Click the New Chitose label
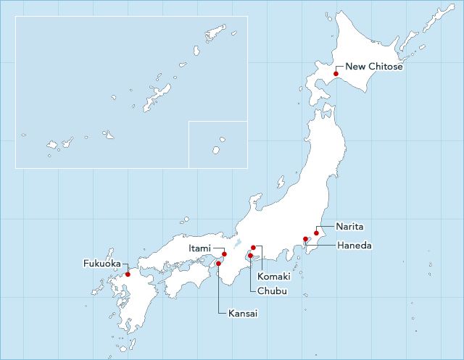[x=373, y=67]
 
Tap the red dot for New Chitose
[x=336, y=74]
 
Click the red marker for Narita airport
[x=316, y=233]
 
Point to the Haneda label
[x=355, y=246]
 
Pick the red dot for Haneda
[x=305, y=239]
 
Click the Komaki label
[x=273, y=277]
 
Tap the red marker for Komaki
[x=253, y=248]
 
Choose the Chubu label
[x=273, y=291]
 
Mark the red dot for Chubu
[x=250, y=256]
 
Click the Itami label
[x=200, y=248]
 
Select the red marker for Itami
[x=224, y=254]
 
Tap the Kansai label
[x=243, y=314]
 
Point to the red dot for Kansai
[x=218, y=263]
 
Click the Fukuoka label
[x=101, y=264]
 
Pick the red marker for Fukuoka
[x=128, y=274]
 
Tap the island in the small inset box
[x=216, y=150]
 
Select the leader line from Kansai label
[x=218, y=290]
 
